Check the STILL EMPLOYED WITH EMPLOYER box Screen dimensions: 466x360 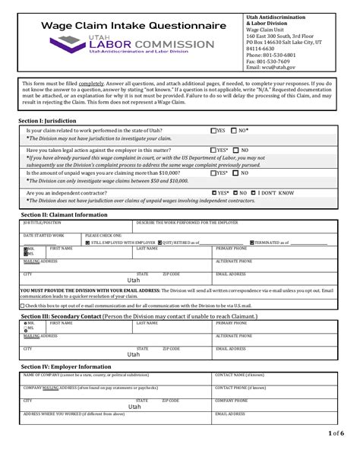click(87, 243)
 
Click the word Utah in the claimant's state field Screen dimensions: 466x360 click(134, 280)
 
